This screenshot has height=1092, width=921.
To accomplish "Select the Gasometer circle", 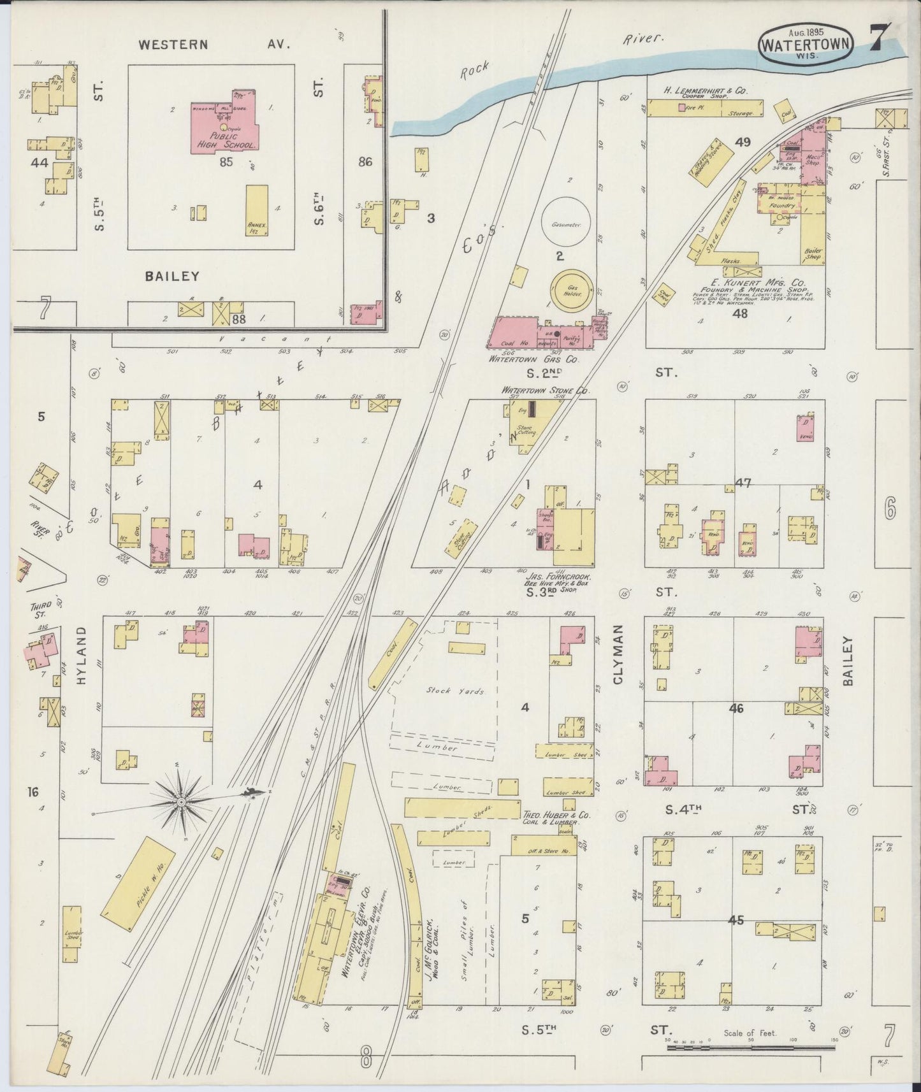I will (565, 222).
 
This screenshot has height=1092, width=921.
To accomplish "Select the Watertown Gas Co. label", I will (533, 359).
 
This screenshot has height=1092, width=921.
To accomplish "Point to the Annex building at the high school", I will (257, 210).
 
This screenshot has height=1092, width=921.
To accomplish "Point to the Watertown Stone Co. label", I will (545, 390).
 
